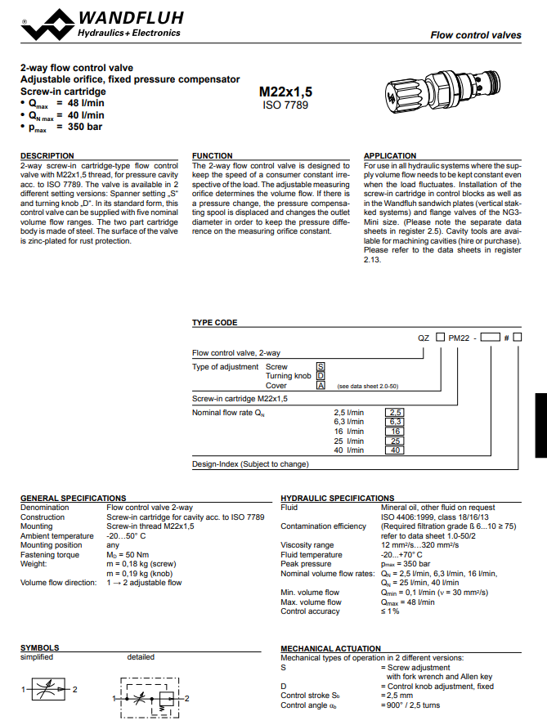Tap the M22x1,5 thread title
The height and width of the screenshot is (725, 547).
pyautogui.click(x=285, y=92)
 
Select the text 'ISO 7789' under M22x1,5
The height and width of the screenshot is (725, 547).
pyautogui.click(x=285, y=105)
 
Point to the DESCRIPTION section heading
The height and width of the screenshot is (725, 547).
pyautogui.click(x=47, y=155)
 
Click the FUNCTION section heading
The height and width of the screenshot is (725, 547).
pyautogui.click(x=212, y=155)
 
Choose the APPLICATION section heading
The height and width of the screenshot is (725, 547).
pyautogui.click(x=390, y=155)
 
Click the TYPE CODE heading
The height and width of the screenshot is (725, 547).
pyautogui.click(x=215, y=323)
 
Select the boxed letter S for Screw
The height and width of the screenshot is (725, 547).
pyautogui.click(x=321, y=367)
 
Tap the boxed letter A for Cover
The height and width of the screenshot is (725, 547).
pyautogui.click(x=321, y=385)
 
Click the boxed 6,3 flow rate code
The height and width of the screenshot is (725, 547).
pyautogui.click(x=395, y=421)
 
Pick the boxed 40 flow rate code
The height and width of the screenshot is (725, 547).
pyautogui.click(x=395, y=450)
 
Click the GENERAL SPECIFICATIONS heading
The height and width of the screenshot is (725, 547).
pyautogui.click(x=73, y=498)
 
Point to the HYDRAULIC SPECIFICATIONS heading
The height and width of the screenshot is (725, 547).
pyautogui.click(x=337, y=498)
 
